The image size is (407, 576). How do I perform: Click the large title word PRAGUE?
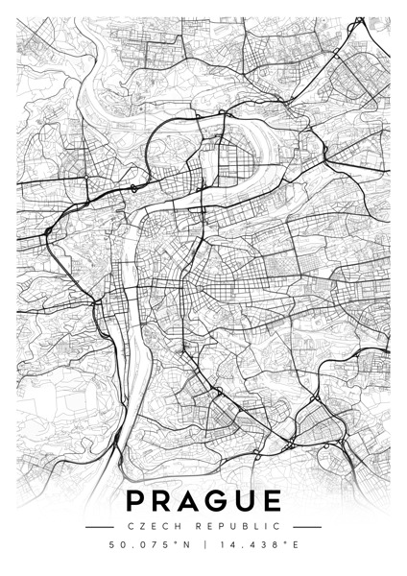tap(203, 501)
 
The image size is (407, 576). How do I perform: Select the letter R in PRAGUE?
tap(164, 501)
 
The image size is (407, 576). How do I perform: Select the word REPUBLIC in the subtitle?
tap(241, 526)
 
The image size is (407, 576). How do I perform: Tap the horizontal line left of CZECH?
tap(100, 526)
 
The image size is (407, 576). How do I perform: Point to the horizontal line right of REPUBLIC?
tap(306, 526)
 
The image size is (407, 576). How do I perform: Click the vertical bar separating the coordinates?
tap(203, 545)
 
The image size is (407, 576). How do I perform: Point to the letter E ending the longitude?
tap(295, 545)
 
